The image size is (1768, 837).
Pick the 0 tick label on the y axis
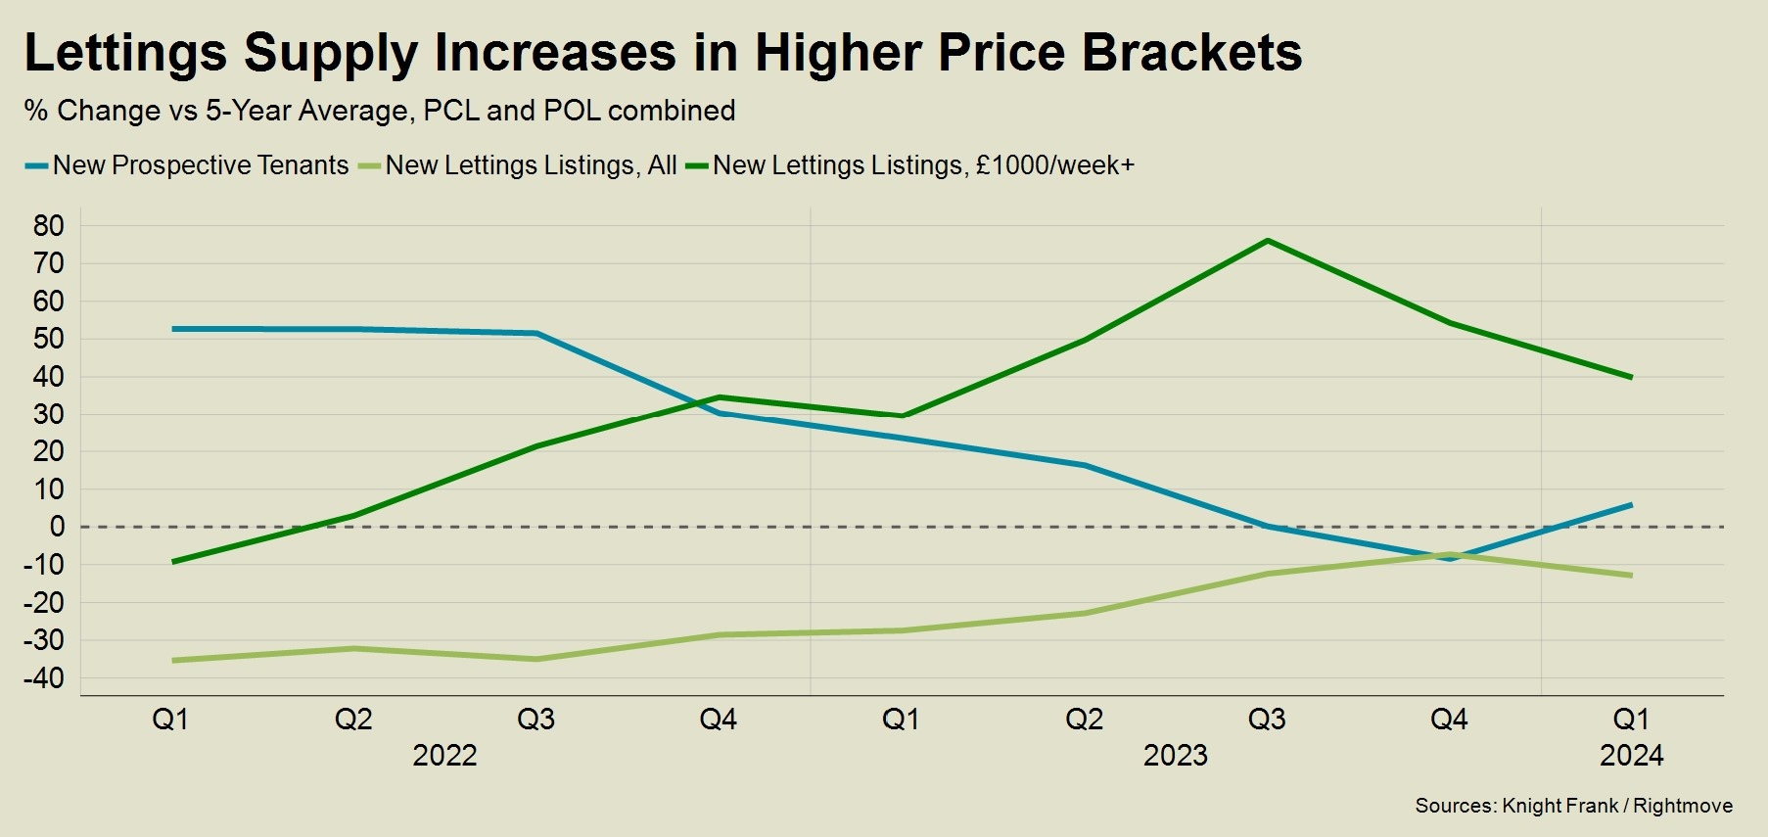coord(57,527)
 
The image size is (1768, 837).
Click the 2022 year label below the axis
coord(444,756)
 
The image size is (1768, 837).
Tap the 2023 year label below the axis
coord(1176,756)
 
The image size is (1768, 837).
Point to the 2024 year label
coord(1631,756)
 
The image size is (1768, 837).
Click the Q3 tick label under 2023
coord(1267,720)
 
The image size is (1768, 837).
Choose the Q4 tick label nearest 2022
coord(719,720)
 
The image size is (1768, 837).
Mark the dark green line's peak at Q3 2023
coord(1268,241)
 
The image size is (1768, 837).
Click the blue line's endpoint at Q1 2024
coord(1631,505)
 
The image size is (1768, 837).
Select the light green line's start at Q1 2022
coord(173,661)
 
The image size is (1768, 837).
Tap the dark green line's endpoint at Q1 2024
coord(1631,377)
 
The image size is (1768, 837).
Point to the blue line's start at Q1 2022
coord(173,329)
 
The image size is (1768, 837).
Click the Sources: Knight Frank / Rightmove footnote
coord(1573,806)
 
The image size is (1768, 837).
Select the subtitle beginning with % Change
coord(380,111)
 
